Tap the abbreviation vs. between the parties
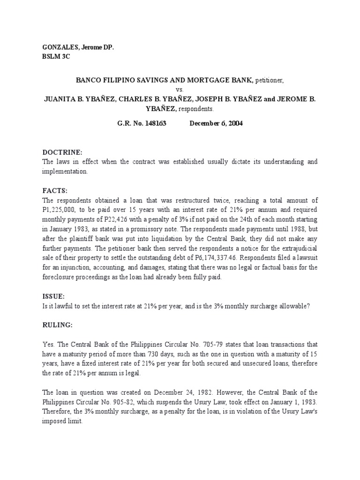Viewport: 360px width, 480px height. tap(180, 89)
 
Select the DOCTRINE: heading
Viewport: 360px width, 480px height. tap(62, 153)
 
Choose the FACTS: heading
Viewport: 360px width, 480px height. tap(55, 191)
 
